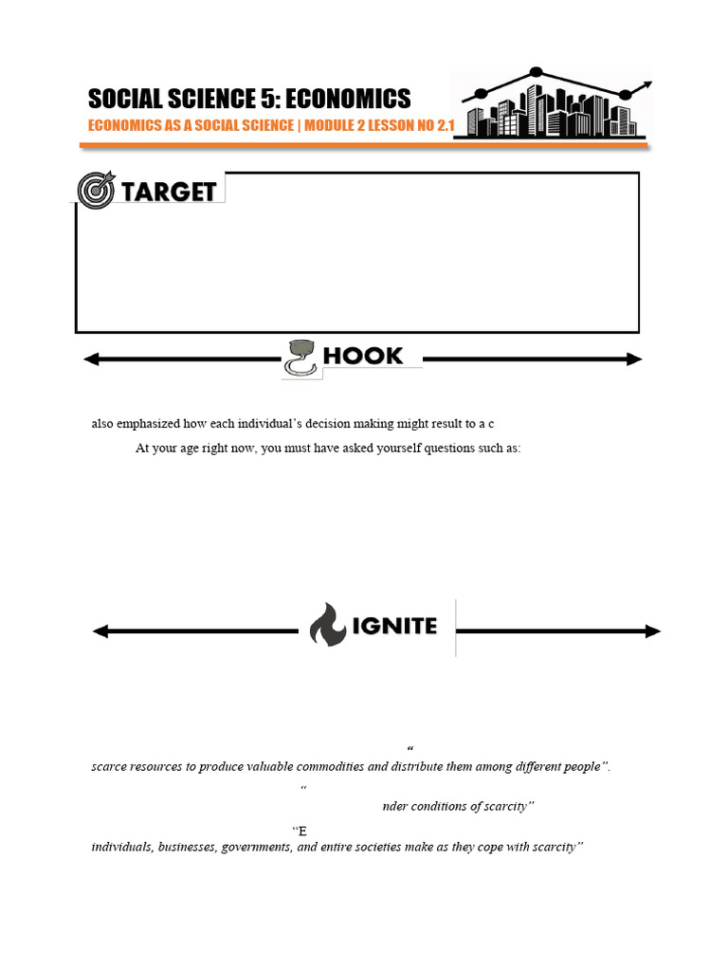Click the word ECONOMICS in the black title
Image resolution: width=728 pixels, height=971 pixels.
coord(348,99)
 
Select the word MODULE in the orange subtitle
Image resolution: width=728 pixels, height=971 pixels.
coord(329,125)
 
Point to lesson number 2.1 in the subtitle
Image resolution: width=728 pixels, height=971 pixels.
coord(446,125)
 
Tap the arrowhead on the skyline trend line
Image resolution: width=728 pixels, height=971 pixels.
coord(646,84)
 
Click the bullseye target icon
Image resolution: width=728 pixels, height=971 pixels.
coord(96,190)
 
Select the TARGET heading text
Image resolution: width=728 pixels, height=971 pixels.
coord(169,192)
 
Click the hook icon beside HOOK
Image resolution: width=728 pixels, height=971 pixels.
coord(300,357)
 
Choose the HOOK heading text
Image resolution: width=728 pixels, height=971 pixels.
coord(363,357)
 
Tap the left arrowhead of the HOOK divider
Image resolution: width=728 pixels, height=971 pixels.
coord(91,359)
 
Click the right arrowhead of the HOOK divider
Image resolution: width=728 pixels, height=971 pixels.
coord(634,359)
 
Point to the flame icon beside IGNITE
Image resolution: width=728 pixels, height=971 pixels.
coord(327,624)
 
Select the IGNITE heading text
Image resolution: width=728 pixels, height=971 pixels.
coord(394,626)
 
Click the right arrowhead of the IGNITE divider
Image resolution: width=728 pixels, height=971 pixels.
coord(653,632)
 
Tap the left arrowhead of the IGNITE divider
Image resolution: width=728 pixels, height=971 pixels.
coord(100,632)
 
